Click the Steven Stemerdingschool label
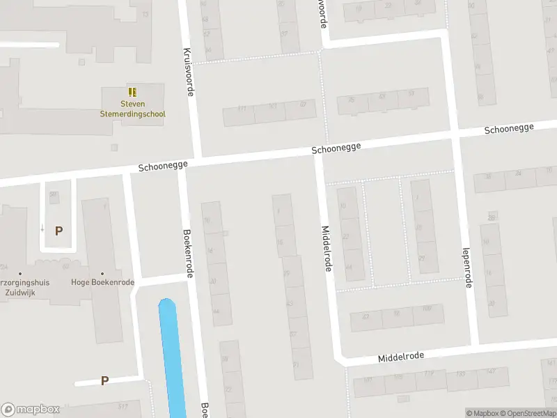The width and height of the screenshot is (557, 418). pyautogui.click(x=132, y=109)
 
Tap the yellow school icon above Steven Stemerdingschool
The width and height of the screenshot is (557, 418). pyautogui.click(x=132, y=92)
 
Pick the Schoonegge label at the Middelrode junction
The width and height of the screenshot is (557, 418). pyautogui.click(x=336, y=148)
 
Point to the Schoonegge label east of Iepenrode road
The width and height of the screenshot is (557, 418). pyautogui.click(x=509, y=129)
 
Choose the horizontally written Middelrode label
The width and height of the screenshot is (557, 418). pyautogui.click(x=400, y=357)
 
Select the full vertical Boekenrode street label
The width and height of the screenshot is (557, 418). pyautogui.click(x=187, y=254)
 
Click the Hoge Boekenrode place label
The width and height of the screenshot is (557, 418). pyautogui.click(x=102, y=282)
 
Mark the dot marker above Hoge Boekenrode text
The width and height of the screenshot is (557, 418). pyautogui.click(x=102, y=273)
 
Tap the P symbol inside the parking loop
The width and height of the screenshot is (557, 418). pyautogui.click(x=58, y=231)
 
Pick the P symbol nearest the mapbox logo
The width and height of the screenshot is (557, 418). pyautogui.click(x=104, y=380)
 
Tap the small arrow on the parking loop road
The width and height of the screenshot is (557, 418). pyautogui.click(x=42, y=227)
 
